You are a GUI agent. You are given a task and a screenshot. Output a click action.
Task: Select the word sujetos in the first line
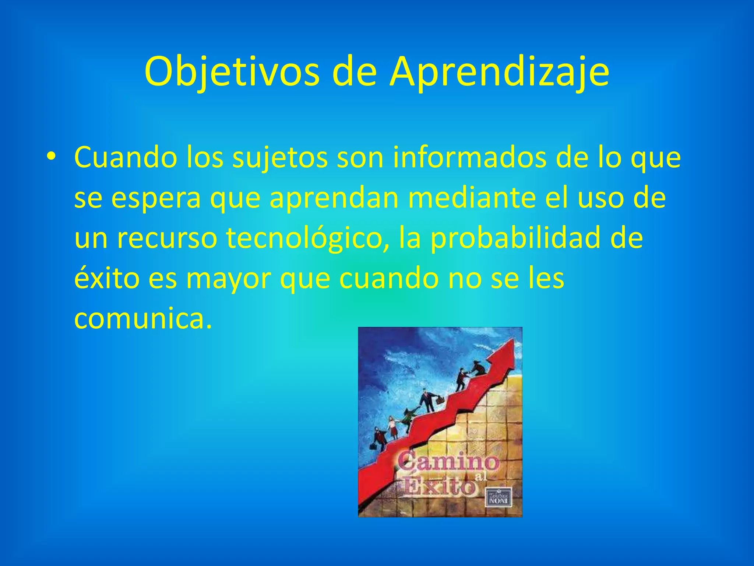280,158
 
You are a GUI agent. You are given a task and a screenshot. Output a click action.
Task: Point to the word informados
469,157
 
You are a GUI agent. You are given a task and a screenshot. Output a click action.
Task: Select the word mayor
229,279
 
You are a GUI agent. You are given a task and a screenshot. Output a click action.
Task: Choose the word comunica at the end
143,318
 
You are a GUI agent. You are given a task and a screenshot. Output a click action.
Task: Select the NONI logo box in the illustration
499,498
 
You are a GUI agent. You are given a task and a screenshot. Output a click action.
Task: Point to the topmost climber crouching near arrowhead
479,368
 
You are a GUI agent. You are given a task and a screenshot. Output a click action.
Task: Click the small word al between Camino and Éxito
480,477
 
